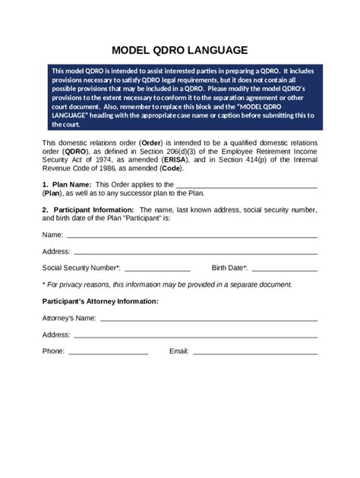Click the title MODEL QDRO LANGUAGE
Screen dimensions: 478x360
point(180,50)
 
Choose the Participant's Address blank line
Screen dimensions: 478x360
point(195,252)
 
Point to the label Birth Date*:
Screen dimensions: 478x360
point(229,268)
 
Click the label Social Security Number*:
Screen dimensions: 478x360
point(81,268)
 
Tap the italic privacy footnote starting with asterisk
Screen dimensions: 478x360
point(167,285)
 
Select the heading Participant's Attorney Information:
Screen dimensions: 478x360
point(100,301)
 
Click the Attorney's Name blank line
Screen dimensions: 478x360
point(208,319)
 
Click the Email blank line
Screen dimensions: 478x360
point(255,352)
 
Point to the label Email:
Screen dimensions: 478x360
point(178,351)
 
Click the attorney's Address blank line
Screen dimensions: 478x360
point(195,335)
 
